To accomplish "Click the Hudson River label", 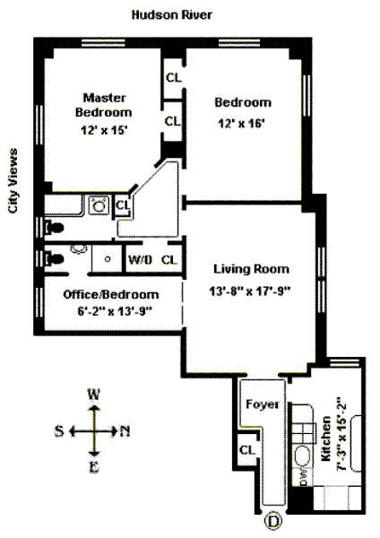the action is [x=172, y=14].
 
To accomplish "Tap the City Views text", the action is [x=13, y=181].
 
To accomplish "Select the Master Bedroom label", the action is [x=104, y=105].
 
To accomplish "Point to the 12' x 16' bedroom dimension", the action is [x=242, y=123].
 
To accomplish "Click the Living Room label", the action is [x=251, y=269].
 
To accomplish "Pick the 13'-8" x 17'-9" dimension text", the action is [x=250, y=291].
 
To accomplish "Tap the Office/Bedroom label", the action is [x=111, y=294].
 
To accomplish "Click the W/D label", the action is [x=141, y=260].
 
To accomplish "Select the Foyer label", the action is [x=263, y=404].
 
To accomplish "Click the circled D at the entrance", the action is [x=273, y=522].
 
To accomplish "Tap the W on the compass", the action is [x=93, y=395].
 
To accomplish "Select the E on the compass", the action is [x=94, y=467].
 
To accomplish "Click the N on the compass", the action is [x=125, y=431].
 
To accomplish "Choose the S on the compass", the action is [x=59, y=430].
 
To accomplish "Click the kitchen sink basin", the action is [x=303, y=456].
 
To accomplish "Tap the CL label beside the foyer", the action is [x=246, y=449].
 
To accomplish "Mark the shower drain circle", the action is [x=108, y=259].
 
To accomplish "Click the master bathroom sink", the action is [x=99, y=205].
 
